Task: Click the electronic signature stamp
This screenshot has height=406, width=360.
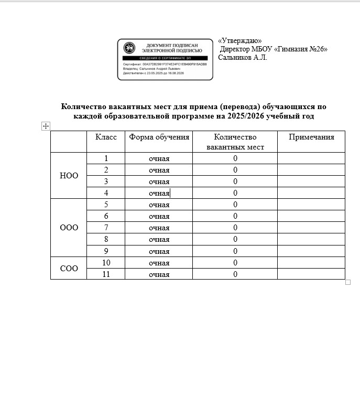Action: [x=165, y=59]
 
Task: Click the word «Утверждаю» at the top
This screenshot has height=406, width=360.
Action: [x=239, y=41]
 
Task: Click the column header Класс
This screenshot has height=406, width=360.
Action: [x=106, y=137]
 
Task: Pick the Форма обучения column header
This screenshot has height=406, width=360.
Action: [x=159, y=137]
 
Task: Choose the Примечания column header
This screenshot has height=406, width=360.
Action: [x=311, y=137]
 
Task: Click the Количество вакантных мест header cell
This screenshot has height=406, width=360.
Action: [x=235, y=142]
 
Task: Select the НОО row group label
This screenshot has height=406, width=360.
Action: [x=69, y=176]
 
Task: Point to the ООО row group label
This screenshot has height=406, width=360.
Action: [x=69, y=228]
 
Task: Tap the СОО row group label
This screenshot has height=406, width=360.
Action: [x=69, y=269]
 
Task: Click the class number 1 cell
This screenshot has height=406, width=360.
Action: [x=106, y=158]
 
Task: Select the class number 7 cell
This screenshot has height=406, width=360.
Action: [x=106, y=228]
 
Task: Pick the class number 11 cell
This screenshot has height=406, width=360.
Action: [x=106, y=274]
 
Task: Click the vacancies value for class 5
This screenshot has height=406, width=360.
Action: [x=236, y=205]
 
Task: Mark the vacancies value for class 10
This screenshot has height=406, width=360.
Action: [x=236, y=263]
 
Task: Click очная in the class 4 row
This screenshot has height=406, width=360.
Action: [x=159, y=193]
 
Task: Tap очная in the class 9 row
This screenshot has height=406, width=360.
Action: [x=159, y=251]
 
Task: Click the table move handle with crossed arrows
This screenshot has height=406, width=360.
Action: [x=46, y=126]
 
